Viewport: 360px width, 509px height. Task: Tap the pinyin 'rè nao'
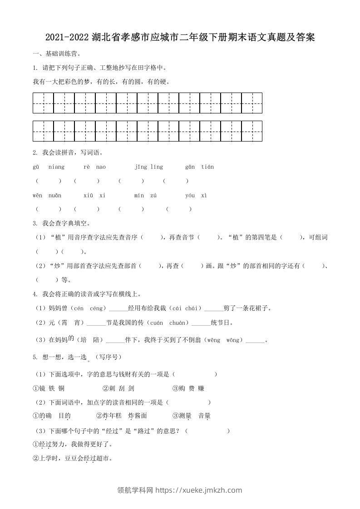coord(95,167)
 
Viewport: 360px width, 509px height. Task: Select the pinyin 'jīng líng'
coord(148,167)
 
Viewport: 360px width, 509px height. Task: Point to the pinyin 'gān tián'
coord(199,167)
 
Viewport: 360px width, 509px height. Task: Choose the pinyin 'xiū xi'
coord(94,196)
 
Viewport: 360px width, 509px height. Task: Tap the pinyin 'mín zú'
coord(145,196)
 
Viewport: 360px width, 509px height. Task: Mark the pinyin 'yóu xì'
coord(196,196)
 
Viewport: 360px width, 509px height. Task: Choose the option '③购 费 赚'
coord(188,388)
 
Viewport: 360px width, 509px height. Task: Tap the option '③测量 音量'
coord(191,416)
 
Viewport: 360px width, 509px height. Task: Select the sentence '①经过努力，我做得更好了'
coord(72,444)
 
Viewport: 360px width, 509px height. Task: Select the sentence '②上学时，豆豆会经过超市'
coord(72,459)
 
